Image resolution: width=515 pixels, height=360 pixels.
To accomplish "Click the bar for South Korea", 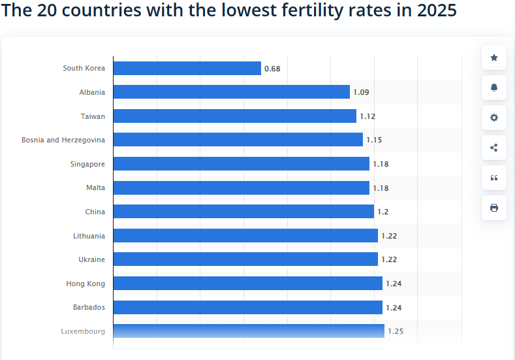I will (187, 68).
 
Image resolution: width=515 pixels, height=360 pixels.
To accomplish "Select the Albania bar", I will (232, 92).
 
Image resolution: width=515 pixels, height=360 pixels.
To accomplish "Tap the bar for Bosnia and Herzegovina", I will (238, 140).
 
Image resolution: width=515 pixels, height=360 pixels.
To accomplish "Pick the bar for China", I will (243, 212).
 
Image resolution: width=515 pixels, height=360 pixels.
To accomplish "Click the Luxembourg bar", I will (249, 331).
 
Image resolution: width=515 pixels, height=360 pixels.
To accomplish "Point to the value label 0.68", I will (272, 69).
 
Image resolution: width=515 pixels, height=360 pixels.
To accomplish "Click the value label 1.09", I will (361, 92).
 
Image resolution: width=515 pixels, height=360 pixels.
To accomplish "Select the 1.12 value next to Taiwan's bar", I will (367, 116).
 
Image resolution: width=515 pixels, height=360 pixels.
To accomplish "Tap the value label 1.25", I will (396, 331).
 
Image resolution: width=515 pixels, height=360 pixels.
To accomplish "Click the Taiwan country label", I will (93, 116).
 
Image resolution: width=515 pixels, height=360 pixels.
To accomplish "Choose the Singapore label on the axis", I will (87, 164).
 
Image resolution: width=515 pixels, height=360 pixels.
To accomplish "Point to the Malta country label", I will (95, 188).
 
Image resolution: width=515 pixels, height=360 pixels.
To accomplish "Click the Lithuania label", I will (89, 236).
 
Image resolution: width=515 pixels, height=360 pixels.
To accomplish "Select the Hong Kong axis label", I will (86, 284).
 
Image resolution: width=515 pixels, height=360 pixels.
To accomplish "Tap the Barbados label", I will (89, 307).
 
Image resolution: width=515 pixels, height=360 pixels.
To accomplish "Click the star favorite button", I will (494, 58).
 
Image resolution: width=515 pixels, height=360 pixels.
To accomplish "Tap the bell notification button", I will (494, 88).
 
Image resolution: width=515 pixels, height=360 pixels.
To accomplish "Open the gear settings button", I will (494, 118).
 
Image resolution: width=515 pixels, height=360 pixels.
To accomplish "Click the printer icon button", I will (494, 208).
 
